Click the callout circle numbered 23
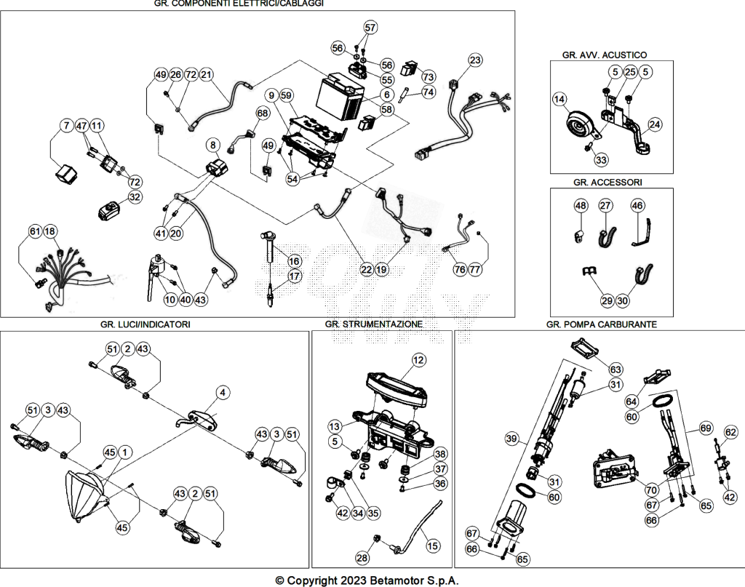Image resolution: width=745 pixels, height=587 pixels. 475,60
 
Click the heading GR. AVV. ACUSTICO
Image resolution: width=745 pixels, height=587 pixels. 605,55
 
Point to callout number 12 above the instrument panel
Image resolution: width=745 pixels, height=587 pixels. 418,360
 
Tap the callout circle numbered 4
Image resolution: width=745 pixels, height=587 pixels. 223,392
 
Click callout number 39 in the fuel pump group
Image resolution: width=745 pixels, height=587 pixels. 511,439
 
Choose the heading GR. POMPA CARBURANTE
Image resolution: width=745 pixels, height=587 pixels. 602,324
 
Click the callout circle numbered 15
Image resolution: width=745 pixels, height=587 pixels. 432,546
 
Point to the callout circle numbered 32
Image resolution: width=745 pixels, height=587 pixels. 135,196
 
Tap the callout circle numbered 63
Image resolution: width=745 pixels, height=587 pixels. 615,369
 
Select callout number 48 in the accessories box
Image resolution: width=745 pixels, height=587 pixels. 581,205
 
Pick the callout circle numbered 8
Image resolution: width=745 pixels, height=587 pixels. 213,145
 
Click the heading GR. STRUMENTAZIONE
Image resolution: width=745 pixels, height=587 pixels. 374,324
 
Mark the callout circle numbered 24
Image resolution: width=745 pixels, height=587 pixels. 655,124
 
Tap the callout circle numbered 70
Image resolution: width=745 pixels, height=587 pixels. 651,489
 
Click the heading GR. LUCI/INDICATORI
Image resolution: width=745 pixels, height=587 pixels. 146,324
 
